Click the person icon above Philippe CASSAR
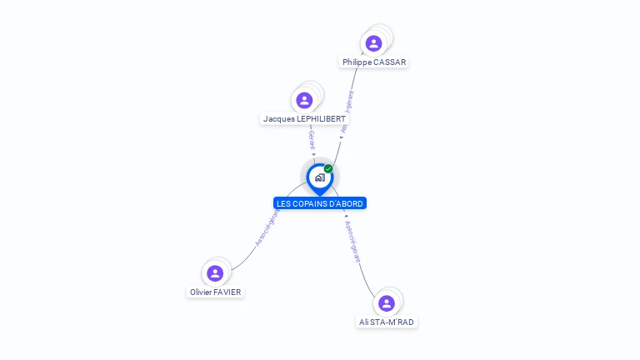point(373,43)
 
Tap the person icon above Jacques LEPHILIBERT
point(304,100)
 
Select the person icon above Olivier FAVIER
point(215,273)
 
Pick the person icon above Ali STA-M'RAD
point(386,303)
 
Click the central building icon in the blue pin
point(319,177)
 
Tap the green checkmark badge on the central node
point(328,169)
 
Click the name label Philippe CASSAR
point(374,62)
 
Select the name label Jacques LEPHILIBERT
point(304,119)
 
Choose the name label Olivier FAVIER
point(215,292)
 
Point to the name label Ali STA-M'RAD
point(386,322)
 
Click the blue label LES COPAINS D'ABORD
point(320,203)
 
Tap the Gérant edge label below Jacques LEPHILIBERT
point(312,139)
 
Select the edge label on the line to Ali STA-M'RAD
point(354,242)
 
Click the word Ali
point(364,322)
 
